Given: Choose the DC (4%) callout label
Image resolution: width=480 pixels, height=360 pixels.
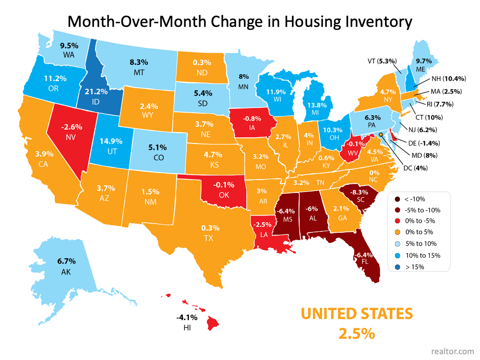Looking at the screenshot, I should pos(416,168).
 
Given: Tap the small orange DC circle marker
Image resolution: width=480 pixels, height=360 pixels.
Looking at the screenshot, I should pos(381,135).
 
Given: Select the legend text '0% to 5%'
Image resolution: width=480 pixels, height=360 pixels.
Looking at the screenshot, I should pos(422,233).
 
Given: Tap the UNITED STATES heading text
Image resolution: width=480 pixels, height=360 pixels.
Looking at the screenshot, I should pos(357,314).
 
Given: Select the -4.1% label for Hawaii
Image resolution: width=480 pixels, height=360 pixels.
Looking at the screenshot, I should pos(184,317).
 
